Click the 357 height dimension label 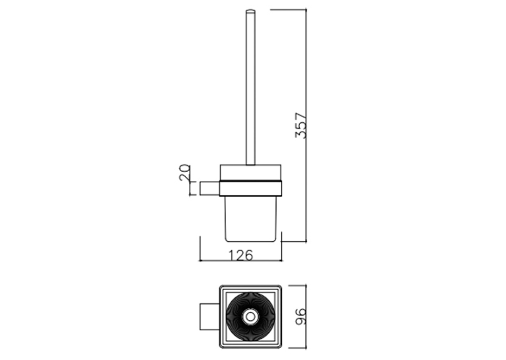301,125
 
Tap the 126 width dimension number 240,255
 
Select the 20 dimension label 184,172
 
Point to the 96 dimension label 301,316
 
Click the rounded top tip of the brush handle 250,11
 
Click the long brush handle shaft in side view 250,88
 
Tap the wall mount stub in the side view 210,188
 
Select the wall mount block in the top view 210,316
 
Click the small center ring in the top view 250,316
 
